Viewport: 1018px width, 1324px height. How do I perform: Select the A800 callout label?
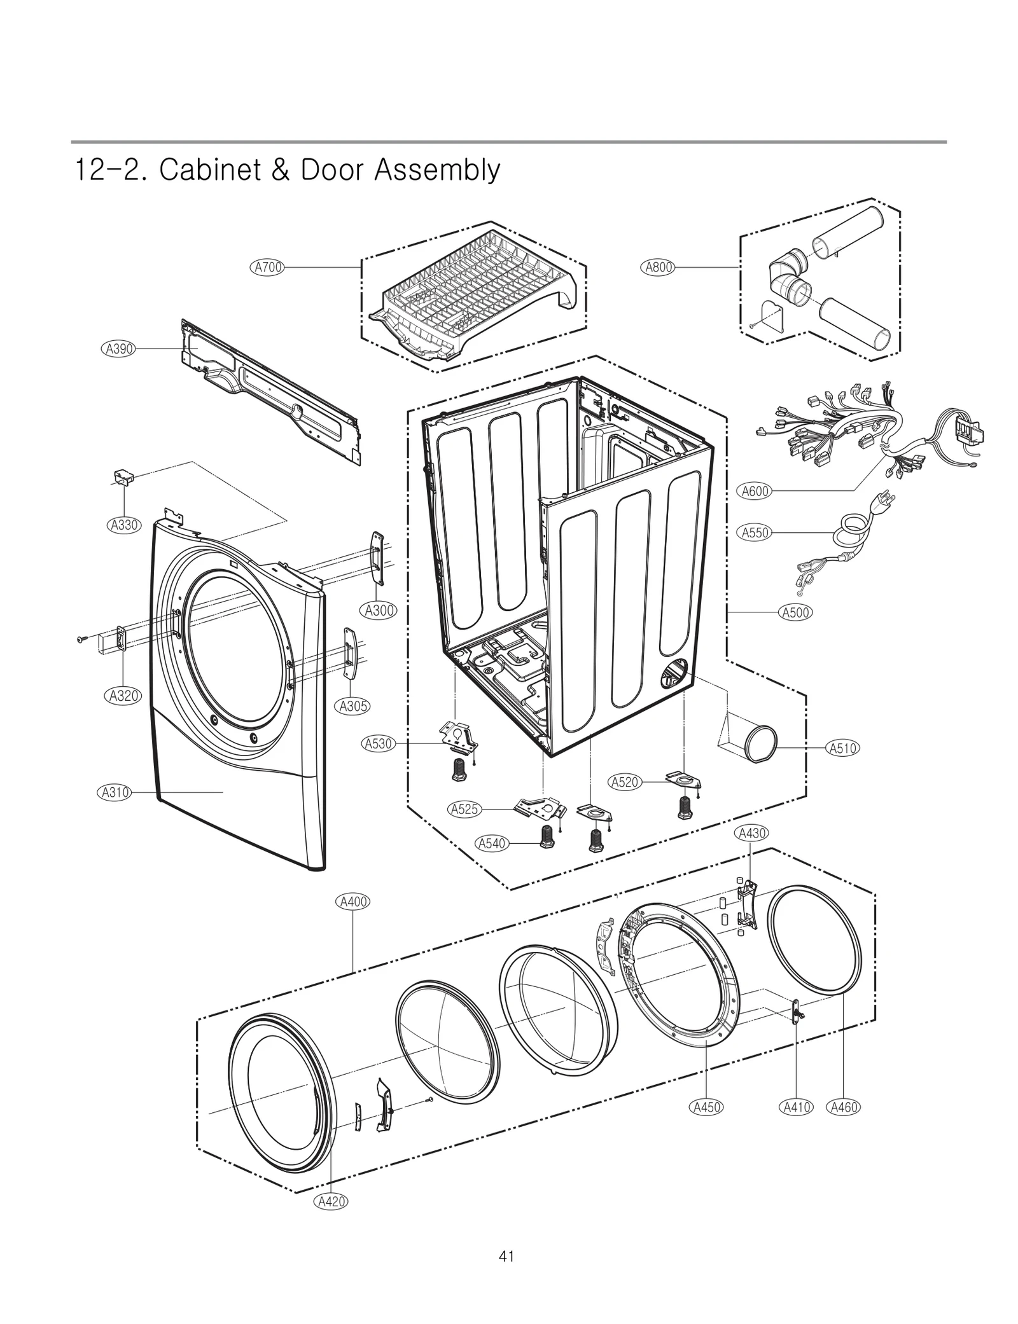[657, 267]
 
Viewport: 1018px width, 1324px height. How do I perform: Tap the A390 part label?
[118, 348]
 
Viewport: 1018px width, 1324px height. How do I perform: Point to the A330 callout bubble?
[123, 525]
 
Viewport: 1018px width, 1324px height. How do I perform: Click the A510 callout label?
[842, 748]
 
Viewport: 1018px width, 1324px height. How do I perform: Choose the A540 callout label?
[491, 843]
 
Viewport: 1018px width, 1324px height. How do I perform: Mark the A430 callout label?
[751, 833]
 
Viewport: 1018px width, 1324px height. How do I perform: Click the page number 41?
[506, 1256]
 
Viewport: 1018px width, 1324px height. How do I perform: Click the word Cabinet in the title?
[209, 170]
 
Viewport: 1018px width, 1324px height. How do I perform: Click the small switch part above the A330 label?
[123, 477]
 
